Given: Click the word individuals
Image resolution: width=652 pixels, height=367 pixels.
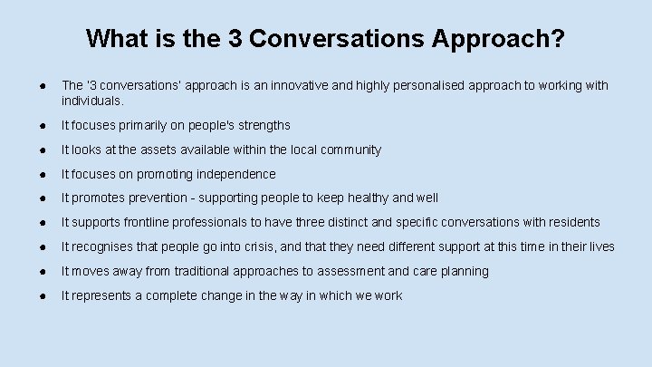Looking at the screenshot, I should (x=91, y=102).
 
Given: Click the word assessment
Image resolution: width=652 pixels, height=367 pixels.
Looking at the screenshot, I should (x=373, y=272).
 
